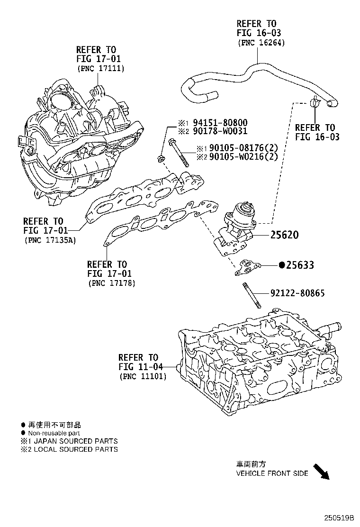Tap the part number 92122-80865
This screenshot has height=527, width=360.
[x=297, y=293]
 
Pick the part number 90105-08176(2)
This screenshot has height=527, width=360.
[x=247, y=149]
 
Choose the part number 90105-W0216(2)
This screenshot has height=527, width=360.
[x=247, y=157]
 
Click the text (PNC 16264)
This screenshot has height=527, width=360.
[x=259, y=42]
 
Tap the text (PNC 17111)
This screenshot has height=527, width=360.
[x=100, y=68]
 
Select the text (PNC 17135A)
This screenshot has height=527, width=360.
[x=50, y=240]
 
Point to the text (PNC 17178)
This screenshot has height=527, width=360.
[x=112, y=283]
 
